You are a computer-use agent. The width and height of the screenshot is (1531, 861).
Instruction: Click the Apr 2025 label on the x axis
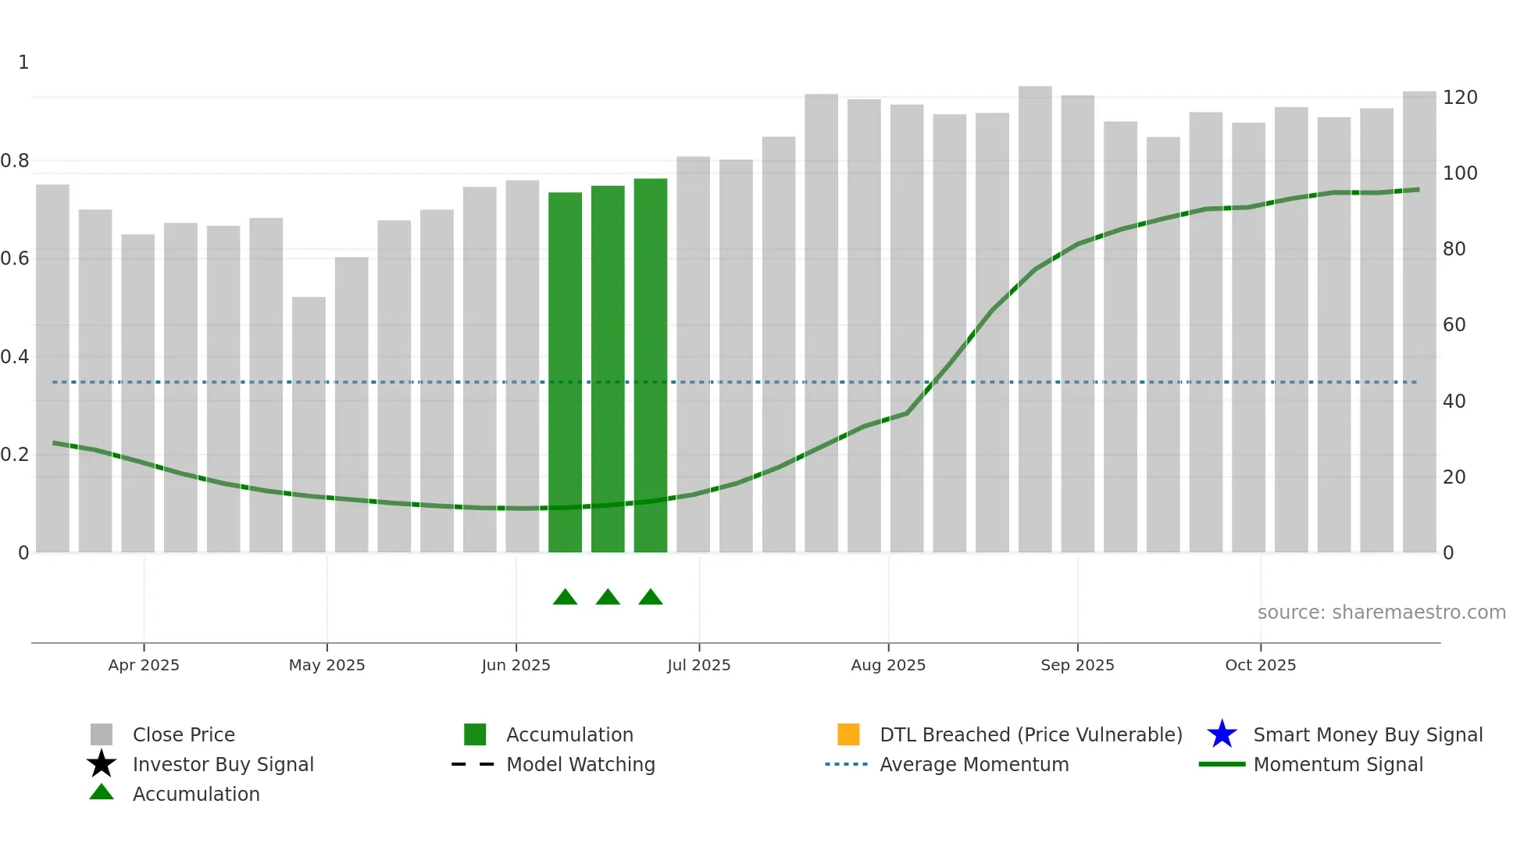pyautogui.click(x=144, y=665)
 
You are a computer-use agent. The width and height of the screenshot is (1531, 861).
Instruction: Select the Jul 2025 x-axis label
pyautogui.click(x=698, y=665)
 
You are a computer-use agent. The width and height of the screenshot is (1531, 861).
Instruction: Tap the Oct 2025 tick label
pyautogui.click(x=1260, y=665)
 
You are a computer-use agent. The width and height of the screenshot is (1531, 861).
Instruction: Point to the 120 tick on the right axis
pyautogui.click(x=1459, y=98)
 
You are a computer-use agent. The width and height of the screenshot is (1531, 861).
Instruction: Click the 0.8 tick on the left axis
pyautogui.click(x=15, y=161)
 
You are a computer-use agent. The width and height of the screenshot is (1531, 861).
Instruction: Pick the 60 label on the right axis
pyautogui.click(x=1454, y=325)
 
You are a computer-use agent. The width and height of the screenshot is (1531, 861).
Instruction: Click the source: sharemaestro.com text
pyautogui.click(x=1381, y=613)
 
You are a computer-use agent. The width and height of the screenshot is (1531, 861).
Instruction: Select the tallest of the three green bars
pyautogui.click(x=650, y=365)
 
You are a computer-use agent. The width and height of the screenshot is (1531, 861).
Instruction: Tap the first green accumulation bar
pyautogui.click(x=565, y=372)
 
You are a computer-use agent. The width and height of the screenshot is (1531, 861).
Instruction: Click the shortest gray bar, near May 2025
pyautogui.click(x=309, y=424)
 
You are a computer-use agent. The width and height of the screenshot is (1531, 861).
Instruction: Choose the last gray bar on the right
pyautogui.click(x=1419, y=322)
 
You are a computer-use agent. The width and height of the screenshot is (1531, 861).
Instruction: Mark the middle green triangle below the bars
pyautogui.click(x=608, y=598)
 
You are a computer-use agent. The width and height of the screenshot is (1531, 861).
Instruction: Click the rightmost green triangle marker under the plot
pyautogui.click(x=651, y=598)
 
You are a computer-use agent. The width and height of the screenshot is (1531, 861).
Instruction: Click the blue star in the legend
pyautogui.click(x=1222, y=734)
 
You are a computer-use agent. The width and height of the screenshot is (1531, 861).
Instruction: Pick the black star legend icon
pyautogui.click(x=102, y=764)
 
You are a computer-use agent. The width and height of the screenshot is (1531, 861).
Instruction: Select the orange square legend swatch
pyautogui.click(x=848, y=734)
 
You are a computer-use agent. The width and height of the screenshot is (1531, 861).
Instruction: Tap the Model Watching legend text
pyautogui.click(x=580, y=764)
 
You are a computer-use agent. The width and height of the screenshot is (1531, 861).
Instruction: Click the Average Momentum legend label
pyautogui.click(x=974, y=764)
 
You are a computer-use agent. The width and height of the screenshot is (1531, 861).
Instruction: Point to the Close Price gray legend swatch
pyautogui.click(x=102, y=734)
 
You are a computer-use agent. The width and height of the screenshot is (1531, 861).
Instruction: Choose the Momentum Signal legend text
pyautogui.click(x=1338, y=764)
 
